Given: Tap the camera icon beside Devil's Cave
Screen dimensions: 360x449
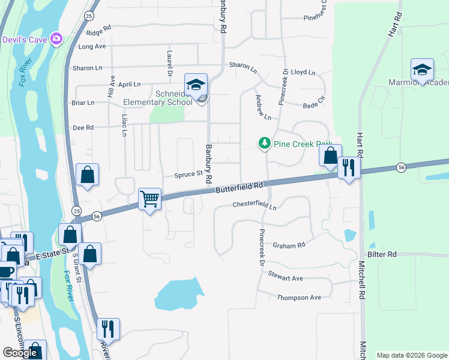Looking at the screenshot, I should pyautogui.click(x=56, y=39).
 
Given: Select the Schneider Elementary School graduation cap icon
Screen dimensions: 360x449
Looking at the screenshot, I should pyautogui.click(x=196, y=86).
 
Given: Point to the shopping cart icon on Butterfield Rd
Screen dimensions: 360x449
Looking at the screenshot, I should pyautogui.click(x=149, y=198).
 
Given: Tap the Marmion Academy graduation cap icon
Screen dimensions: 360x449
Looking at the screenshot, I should pyautogui.click(x=422, y=70).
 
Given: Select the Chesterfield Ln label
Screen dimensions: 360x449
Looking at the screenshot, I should pyautogui.click(x=255, y=206).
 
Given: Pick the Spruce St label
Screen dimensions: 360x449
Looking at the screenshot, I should pyautogui.click(x=188, y=175).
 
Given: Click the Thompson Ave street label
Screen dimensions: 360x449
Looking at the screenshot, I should pyautogui.click(x=299, y=298).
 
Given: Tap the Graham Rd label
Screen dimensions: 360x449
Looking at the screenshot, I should pyautogui.click(x=289, y=245).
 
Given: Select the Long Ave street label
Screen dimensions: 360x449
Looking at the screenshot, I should pyautogui.click(x=92, y=46).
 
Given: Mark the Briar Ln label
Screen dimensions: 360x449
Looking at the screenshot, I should pyautogui.click(x=83, y=103).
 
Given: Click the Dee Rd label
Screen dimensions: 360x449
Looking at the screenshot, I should pyautogui.click(x=83, y=127).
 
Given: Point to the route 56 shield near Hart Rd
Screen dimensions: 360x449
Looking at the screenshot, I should pyautogui.click(x=401, y=167).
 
